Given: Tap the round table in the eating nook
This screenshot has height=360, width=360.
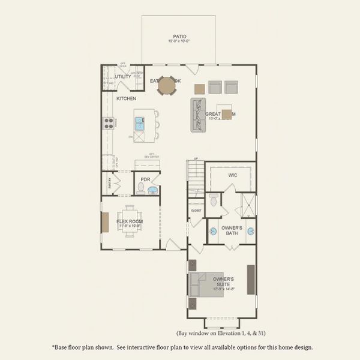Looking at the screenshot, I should coord(166,85).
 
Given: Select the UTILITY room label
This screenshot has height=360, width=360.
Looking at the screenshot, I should coord(123,76).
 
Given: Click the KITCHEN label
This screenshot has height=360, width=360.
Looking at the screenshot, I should coord(126,98).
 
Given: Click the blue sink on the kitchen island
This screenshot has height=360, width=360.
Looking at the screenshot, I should coord(139,124).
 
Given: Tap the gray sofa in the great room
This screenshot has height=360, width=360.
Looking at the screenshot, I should coord(198,115).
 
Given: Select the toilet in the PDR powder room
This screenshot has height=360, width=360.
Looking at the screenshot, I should coord(141,189).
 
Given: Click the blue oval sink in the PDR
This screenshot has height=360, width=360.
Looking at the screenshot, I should coord(153,191).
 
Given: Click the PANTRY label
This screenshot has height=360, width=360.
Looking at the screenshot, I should coord(110,184).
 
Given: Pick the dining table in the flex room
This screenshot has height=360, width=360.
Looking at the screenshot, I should coord(130,222).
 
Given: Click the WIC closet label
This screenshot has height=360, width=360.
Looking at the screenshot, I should coord(233,175).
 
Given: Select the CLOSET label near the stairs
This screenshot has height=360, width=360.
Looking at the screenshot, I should coord(196,211).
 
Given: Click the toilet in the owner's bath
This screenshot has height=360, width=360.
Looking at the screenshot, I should coord(214,200).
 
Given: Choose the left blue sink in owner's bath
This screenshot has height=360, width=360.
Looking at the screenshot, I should coord(213,231).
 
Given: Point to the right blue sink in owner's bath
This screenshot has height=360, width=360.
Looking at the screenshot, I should coord(251,231).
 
